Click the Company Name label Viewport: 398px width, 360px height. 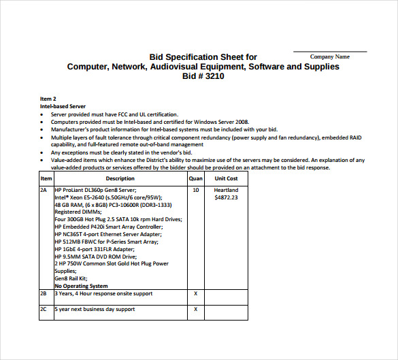329,57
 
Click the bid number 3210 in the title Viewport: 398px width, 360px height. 213,77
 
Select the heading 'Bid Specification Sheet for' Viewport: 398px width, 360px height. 203,57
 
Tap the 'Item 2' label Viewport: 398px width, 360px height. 48,99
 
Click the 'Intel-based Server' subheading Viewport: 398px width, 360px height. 63,106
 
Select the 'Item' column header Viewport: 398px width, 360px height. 46,178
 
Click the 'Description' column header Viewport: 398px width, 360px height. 120,178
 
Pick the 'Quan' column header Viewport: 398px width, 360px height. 196,178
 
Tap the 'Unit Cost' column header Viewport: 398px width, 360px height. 226,178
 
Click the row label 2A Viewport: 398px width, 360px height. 44,190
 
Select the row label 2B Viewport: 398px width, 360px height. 44,293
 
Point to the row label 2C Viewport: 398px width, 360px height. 44,309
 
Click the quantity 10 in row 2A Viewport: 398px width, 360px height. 196,190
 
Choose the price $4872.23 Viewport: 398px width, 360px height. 226,197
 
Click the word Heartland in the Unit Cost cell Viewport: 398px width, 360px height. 226,190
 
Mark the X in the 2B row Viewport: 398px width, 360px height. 196,293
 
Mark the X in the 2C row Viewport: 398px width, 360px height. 196,309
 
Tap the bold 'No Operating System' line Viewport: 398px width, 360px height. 81,286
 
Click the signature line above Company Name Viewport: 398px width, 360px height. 330,51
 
